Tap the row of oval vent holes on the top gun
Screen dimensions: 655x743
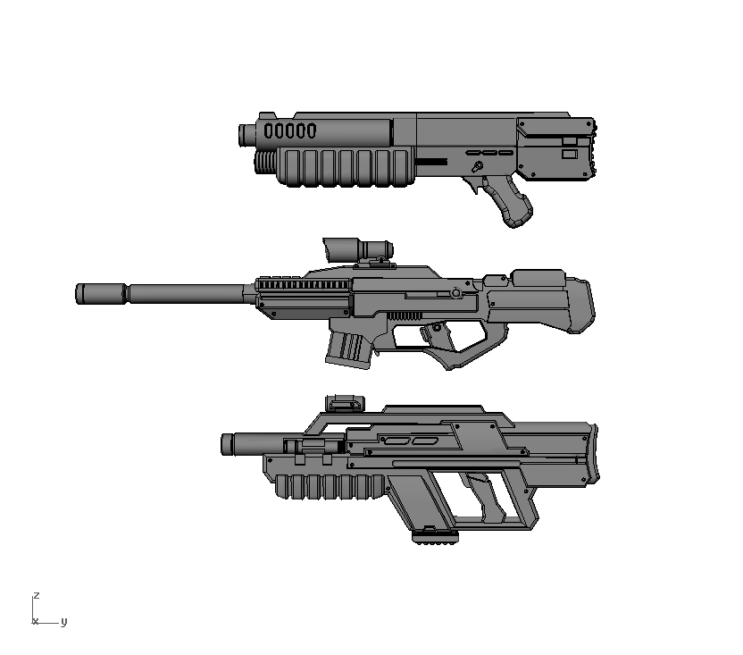pyautogui.click(x=290, y=130)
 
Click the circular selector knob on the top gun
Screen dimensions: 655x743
pyautogui.click(x=478, y=166)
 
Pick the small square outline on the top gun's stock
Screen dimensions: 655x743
pyautogui.click(x=569, y=155)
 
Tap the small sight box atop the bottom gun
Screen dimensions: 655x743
pyautogui.click(x=345, y=402)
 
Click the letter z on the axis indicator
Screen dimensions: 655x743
pyautogui.click(x=36, y=595)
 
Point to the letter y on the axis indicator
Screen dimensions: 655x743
pyautogui.click(x=63, y=622)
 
